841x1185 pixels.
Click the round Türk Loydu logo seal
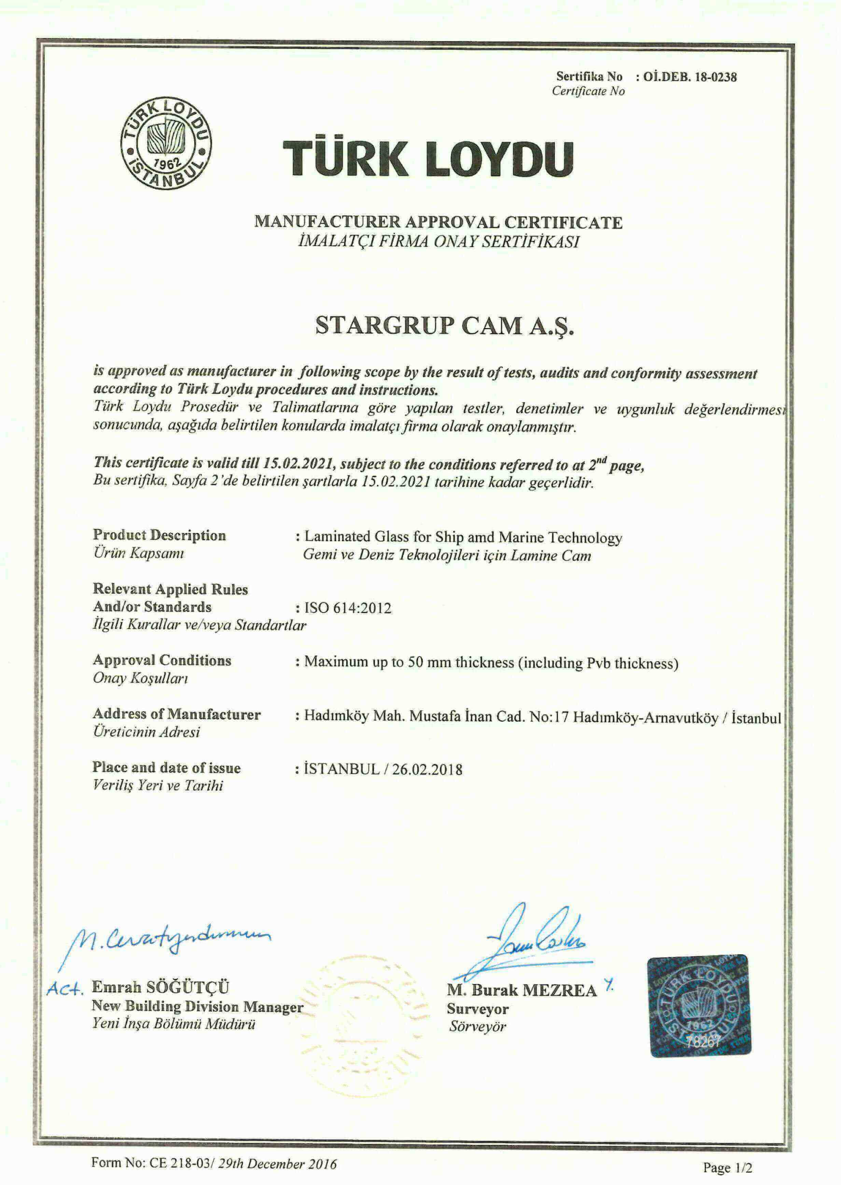166,142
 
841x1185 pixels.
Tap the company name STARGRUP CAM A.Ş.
445,325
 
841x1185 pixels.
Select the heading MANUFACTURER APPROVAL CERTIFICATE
438,222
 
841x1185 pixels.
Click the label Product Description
159,535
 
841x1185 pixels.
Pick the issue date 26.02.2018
427,769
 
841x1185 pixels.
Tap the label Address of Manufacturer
177,714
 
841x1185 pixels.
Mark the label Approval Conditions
162,660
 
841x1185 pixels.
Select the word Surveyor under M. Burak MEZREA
477,1009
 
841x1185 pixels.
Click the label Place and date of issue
167,767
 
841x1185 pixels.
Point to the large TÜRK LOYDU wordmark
428,158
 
